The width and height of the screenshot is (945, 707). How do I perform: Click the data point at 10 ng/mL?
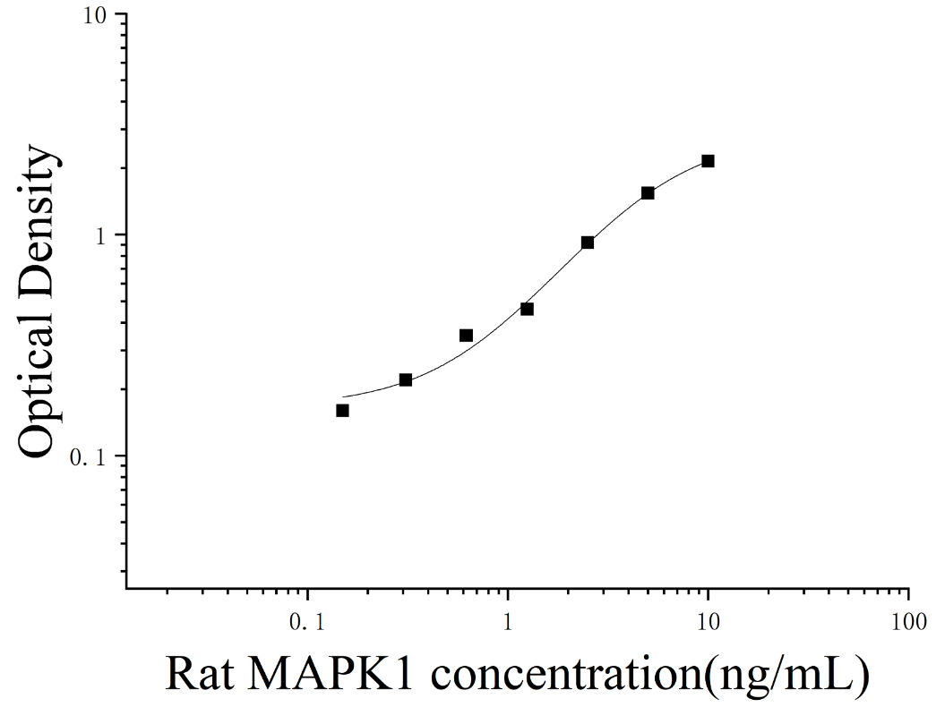pos(709,161)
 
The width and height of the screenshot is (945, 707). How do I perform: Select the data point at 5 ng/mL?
pos(648,192)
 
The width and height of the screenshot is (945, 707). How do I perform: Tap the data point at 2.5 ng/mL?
pos(588,243)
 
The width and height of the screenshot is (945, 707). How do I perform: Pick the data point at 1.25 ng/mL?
pos(527,309)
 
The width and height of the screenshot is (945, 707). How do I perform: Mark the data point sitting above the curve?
pos(466,336)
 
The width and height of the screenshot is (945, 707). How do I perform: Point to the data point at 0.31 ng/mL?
pos(406,380)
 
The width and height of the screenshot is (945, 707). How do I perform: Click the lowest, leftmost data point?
pos(342,410)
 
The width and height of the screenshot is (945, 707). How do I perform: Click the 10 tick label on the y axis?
pos(95,17)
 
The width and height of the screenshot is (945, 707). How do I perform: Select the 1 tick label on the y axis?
pos(100,236)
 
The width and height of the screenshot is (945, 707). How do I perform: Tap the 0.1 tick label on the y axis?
pos(88,457)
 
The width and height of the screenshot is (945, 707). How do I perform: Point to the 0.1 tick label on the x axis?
pos(307,621)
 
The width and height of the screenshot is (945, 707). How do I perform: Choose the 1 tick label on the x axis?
pos(508,621)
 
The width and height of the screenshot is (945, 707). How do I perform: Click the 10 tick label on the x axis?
pos(709,621)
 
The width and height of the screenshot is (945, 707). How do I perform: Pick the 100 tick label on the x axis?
pos(908,621)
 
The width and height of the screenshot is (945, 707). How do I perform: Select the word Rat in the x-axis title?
pos(200,674)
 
